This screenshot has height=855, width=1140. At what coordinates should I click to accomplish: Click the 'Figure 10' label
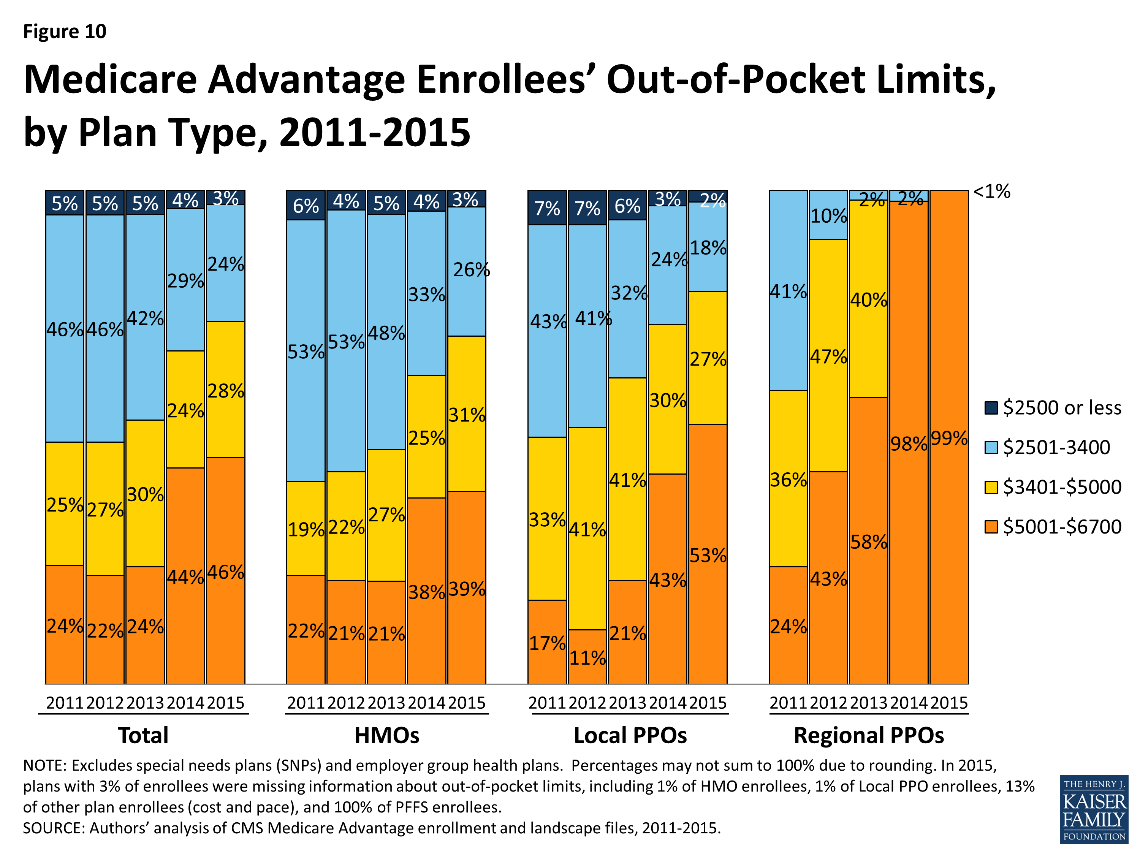point(65,32)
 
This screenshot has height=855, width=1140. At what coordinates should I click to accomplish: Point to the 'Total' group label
point(143,735)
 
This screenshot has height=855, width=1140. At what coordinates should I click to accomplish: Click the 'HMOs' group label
point(386,735)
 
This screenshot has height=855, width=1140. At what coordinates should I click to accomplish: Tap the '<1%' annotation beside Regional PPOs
point(991,192)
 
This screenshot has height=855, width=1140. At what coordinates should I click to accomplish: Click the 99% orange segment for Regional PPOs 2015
point(949,438)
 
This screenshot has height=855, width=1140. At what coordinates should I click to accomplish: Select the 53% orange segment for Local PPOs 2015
point(708,554)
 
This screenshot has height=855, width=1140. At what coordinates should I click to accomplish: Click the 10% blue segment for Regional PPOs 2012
point(828,215)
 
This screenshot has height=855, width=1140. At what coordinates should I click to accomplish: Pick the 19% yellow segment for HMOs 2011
point(306,529)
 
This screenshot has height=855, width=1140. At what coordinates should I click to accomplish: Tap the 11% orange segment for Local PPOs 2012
point(587,657)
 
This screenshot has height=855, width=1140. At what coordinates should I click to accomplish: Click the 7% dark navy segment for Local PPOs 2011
point(547,208)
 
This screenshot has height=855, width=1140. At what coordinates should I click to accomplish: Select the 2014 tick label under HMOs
point(426,703)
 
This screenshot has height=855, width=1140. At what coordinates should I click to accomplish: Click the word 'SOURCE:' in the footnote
point(54,828)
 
